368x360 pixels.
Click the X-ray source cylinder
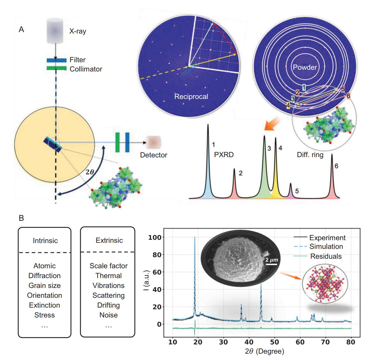tap(55, 31)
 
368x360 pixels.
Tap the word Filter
tap(78, 60)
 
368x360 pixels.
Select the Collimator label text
tap(86, 69)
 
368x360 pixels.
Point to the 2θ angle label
tap(90, 172)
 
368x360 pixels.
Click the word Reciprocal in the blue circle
tap(191, 96)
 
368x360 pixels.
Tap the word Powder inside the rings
tap(305, 67)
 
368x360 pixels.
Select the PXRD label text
tap(224, 155)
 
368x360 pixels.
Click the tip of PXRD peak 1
tap(208, 124)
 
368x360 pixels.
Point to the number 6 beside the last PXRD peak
tap(336, 166)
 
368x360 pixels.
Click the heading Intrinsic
tap(45, 241)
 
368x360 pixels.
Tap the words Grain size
tap(45, 285)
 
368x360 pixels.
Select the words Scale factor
tap(108, 266)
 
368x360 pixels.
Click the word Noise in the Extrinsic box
tap(108, 315)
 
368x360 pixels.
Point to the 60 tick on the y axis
tap(157, 272)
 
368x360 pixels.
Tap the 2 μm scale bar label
tap(272, 260)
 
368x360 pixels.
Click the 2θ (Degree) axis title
tap(264, 351)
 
